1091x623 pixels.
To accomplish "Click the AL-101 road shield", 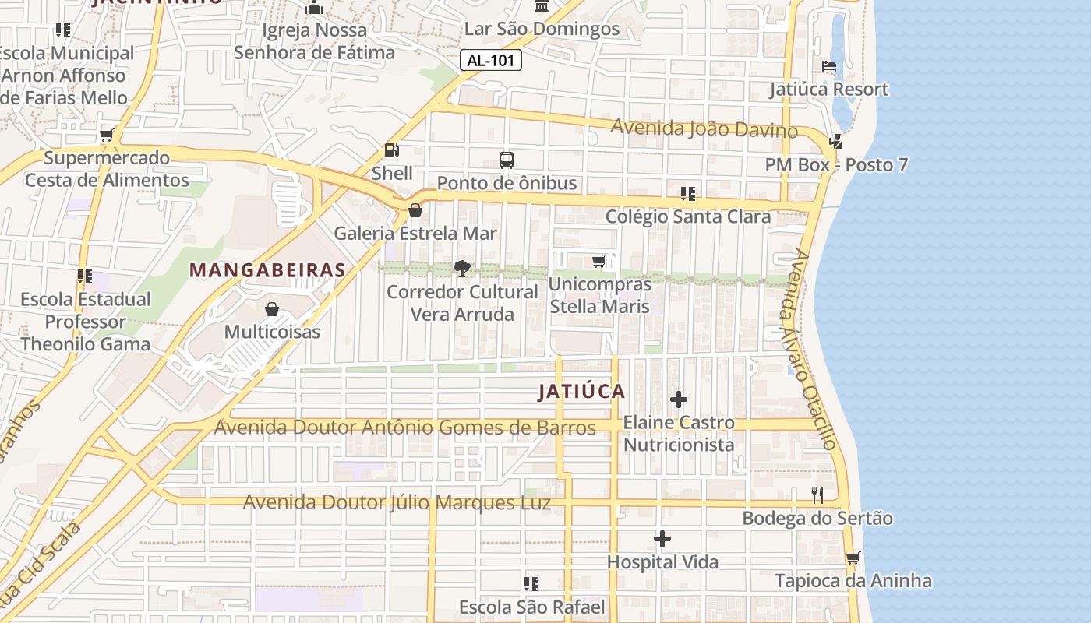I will click(490, 60).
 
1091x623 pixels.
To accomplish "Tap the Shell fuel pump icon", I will click(391, 150).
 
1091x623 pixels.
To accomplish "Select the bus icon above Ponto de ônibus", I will click(507, 160).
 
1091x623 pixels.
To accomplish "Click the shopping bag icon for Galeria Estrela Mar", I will click(415, 210).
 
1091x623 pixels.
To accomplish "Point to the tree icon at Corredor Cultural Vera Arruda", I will click(462, 269).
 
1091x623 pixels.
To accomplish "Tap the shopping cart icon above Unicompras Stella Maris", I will click(599, 262).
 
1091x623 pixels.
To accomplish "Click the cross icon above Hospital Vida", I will click(662, 539).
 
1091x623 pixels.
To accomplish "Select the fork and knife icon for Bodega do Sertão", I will click(817, 495).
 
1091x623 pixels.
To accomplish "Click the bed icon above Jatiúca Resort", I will click(829, 66).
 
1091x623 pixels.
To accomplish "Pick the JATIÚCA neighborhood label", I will click(581, 392).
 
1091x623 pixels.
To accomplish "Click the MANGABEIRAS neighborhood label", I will click(267, 270).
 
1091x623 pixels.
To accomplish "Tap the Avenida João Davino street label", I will click(704, 128).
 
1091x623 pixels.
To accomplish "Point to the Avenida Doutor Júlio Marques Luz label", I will click(397, 502).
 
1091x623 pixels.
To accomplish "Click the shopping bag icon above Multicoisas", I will click(272, 309).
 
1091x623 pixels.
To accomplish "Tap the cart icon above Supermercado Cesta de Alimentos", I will click(106, 136).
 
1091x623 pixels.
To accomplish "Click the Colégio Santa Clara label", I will click(688, 216).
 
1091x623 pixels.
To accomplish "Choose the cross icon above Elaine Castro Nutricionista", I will click(679, 399).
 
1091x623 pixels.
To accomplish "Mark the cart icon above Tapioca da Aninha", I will click(853, 558).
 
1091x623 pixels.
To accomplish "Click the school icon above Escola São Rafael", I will click(531, 584).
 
